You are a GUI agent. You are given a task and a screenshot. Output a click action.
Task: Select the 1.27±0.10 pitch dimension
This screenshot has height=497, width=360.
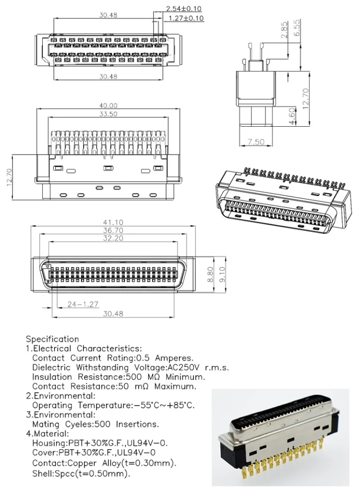[x=184, y=18]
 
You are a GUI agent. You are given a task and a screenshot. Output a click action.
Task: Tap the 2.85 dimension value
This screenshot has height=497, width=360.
[x=284, y=30]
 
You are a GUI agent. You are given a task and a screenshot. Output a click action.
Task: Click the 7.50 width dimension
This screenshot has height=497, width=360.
[x=256, y=142]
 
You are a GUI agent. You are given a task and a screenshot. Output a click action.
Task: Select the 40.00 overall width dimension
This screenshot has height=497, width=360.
[x=108, y=105]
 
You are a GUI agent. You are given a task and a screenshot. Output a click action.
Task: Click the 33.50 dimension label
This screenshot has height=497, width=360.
[x=108, y=114]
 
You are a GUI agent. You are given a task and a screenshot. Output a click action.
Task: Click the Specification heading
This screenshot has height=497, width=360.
[x=52, y=339]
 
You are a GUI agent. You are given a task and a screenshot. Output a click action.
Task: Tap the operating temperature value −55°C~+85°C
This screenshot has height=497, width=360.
[x=164, y=405]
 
